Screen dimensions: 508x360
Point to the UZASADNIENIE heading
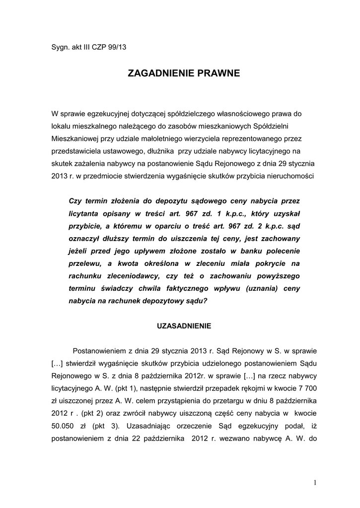pos(184,326)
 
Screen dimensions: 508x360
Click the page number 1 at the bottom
pos(315,483)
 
